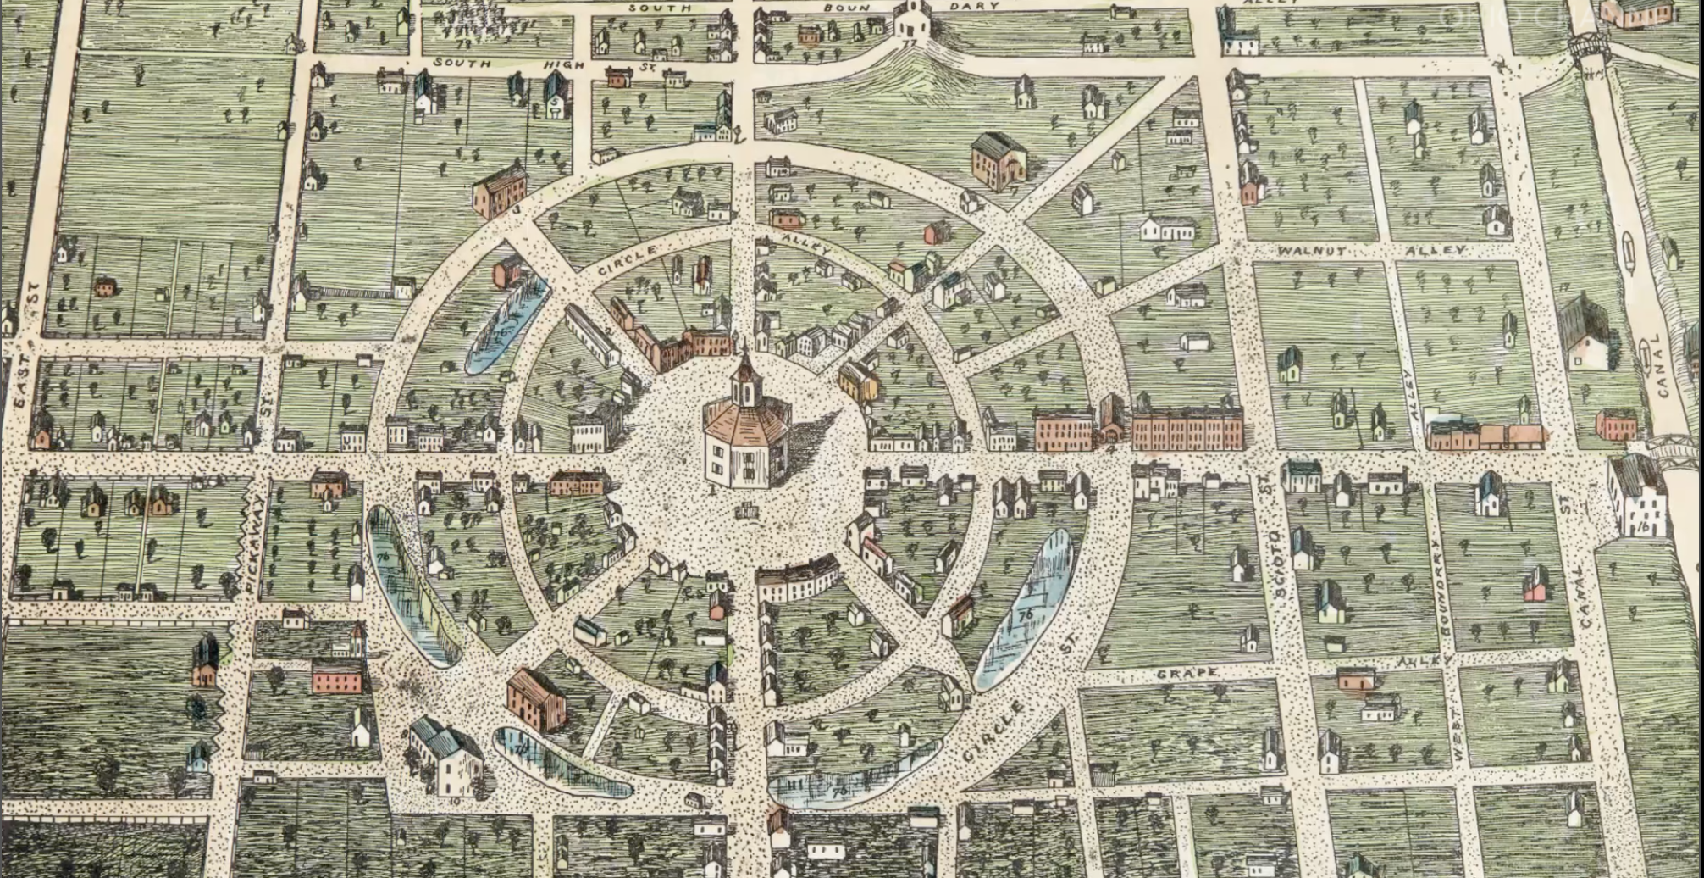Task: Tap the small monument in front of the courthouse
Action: [x=746, y=511]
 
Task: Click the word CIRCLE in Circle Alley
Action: [x=628, y=259]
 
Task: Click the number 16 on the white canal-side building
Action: [x=1642, y=526]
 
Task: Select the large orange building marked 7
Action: [x=998, y=161]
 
